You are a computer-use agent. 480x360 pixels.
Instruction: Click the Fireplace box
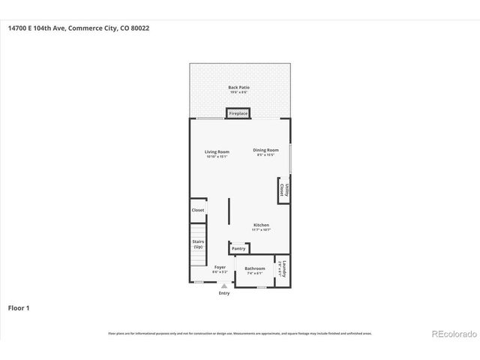pyautogui.click(x=238, y=113)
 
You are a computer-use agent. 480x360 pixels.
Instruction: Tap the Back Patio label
pyautogui.click(x=238, y=88)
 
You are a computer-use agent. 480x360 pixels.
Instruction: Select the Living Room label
pyautogui.click(x=216, y=152)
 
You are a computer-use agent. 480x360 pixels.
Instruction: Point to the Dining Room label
pyautogui.click(x=265, y=150)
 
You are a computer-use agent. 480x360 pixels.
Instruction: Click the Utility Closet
pyautogui.click(x=283, y=190)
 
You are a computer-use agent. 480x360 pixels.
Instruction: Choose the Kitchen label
pyautogui.click(x=261, y=225)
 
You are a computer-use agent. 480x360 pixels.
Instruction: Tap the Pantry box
pyautogui.click(x=238, y=248)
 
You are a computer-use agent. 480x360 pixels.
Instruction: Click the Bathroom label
pyautogui.click(x=255, y=268)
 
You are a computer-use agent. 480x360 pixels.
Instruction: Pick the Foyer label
pyautogui.click(x=220, y=267)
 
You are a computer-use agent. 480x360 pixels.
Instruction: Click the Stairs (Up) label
pyautogui.click(x=198, y=244)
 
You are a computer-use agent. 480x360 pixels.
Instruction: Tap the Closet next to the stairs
pyautogui.click(x=198, y=210)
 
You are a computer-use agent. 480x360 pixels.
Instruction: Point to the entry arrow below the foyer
pyautogui.click(x=223, y=286)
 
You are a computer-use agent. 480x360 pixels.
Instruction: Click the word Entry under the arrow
pyautogui.click(x=224, y=293)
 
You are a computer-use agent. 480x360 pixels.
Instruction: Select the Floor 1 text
pyautogui.click(x=19, y=307)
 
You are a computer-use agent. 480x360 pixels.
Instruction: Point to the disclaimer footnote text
pyautogui.click(x=239, y=333)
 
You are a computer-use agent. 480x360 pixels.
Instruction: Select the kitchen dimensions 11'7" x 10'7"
pyautogui.click(x=261, y=230)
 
